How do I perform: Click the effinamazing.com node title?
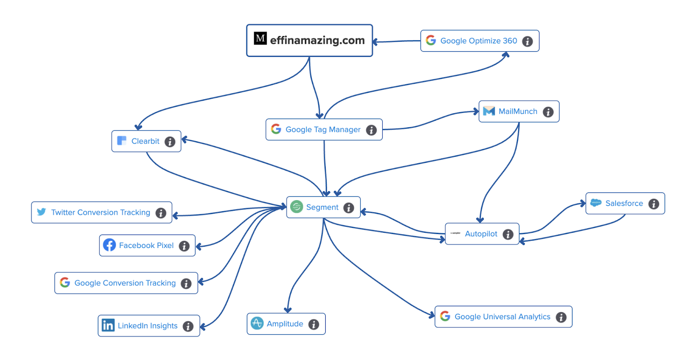point(317,40)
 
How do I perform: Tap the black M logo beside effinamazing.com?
point(260,38)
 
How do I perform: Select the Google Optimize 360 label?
point(479,41)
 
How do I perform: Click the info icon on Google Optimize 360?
point(527,41)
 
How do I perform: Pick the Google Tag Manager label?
point(323,129)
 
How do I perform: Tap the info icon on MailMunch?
point(548,112)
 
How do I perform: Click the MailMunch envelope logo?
point(489,111)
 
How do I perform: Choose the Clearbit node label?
point(145,141)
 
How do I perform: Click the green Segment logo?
point(296,207)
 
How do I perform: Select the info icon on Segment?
point(348,208)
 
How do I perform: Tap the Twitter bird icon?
point(41,212)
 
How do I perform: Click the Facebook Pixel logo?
point(109,245)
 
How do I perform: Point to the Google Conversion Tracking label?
point(125,283)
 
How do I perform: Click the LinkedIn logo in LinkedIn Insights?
point(108,325)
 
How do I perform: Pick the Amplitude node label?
point(285,324)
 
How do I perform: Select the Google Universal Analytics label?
point(502,317)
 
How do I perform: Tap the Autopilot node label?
point(481,234)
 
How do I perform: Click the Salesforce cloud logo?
point(596,203)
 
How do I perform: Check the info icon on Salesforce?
point(653,204)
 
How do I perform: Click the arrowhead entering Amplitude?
point(288,310)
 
